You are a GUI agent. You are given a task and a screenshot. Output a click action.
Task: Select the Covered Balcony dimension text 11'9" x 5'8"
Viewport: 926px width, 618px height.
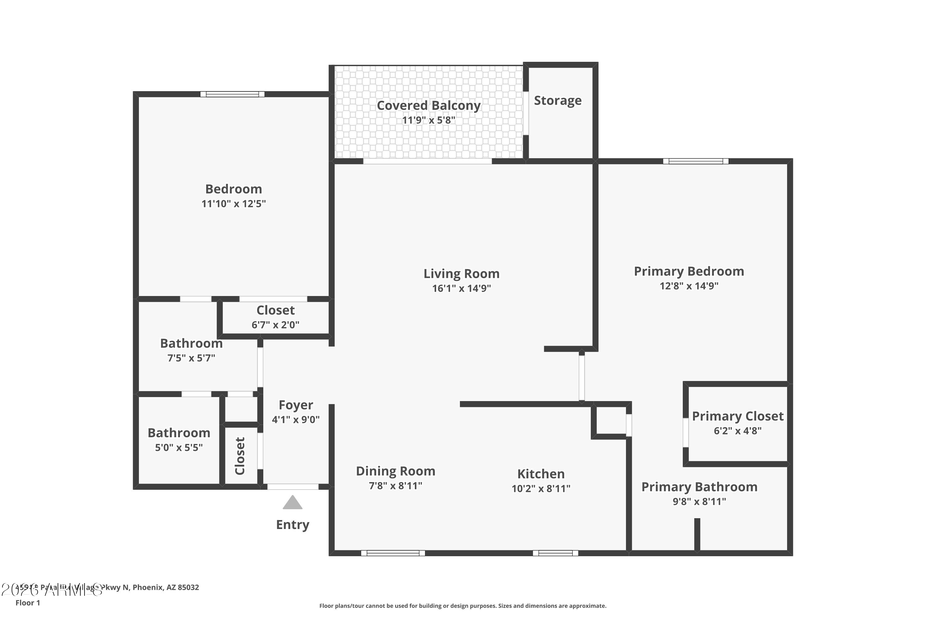click(x=428, y=120)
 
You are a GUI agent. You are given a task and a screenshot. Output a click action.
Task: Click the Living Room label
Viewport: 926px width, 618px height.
click(x=461, y=273)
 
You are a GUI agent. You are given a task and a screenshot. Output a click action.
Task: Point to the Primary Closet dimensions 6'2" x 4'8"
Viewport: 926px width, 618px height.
click(x=737, y=431)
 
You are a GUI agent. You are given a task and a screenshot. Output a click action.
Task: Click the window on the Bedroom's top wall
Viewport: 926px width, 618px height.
click(x=232, y=94)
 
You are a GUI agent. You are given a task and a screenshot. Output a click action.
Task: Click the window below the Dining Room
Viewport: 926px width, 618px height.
click(x=393, y=553)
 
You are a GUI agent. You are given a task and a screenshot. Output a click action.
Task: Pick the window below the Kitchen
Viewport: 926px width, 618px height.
click(x=555, y=553)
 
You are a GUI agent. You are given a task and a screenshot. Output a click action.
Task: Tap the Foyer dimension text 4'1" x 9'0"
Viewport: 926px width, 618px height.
click(x=296, y=420)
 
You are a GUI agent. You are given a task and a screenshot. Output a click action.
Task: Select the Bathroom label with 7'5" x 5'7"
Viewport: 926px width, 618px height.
click(x=191, y=344)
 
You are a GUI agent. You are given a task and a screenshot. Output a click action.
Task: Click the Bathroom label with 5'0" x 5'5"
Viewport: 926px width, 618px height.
click(x=179, y=433)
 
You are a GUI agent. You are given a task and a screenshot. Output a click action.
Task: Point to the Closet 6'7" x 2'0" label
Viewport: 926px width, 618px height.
click(x=275, y=311)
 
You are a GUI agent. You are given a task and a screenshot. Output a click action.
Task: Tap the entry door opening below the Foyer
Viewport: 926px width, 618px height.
click(x=293, y=487)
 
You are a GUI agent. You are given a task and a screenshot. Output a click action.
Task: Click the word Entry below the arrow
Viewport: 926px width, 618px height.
click(x=293, y=525)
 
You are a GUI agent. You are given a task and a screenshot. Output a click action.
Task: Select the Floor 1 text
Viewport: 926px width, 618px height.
click(x=27, y=603)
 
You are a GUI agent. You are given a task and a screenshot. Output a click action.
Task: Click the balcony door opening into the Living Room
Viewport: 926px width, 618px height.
click(x=427, y=162)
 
